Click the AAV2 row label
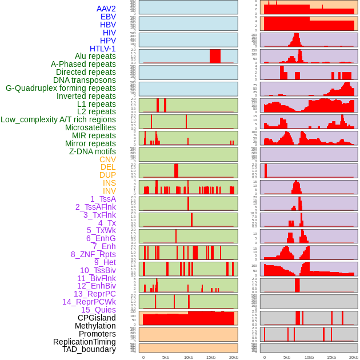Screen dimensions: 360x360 (x=106, y=9)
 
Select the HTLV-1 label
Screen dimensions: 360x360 (x=103, y=49)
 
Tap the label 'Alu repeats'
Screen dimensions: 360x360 (x=95, y=57)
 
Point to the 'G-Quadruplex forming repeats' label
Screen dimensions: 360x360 (x=61, y=88)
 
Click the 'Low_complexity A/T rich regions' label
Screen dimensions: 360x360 (x=58, y=119)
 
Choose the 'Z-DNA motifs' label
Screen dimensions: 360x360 (x=93, y=151)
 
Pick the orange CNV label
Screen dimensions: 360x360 (x=107, y=159)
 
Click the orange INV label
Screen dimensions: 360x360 (x=109, y=191)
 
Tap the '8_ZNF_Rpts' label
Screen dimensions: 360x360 (x=93, y=254)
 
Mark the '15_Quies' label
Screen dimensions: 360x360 (x=98, y=310)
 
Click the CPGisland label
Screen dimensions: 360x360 (x=97, y=318)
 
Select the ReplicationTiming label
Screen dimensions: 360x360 (x=84, y=342)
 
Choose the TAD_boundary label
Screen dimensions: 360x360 (x=89, y=349)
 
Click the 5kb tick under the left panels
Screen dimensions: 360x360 (x=166, y=357)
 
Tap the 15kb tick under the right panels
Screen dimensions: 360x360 (x=331, y=357)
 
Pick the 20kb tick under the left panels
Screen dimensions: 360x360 (x=233, y=357)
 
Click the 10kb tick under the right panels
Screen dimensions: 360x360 (x=309, y=357)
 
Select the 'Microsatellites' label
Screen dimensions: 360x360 (x=90, y=127)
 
